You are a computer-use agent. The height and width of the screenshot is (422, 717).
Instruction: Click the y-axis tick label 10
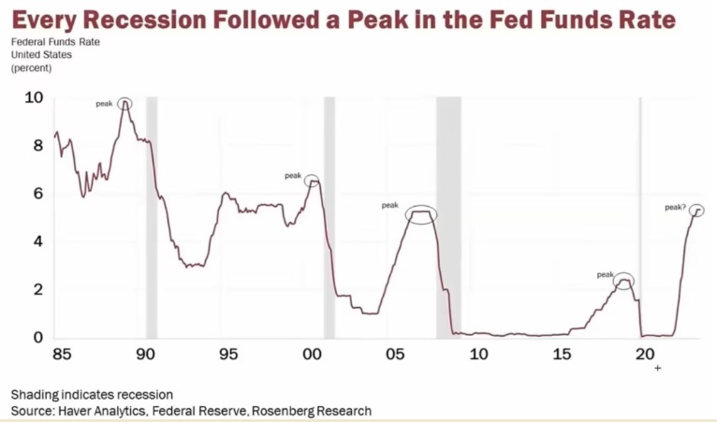(34, 97)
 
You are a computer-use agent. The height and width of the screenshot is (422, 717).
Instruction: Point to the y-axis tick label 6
(38, 194)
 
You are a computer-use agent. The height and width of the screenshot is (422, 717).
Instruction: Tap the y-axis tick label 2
(38, 289)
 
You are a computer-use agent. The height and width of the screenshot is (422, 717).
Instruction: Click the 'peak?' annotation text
(675, 207)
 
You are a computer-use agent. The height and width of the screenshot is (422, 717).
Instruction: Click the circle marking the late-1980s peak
(124, 104)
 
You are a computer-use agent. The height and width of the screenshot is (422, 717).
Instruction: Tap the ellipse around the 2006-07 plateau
(421, 214)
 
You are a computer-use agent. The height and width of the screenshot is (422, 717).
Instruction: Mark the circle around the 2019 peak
(622, 279)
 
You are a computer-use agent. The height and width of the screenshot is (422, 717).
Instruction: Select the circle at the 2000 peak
(312, 180)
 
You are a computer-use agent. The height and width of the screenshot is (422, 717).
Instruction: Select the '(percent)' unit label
(32, 68)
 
